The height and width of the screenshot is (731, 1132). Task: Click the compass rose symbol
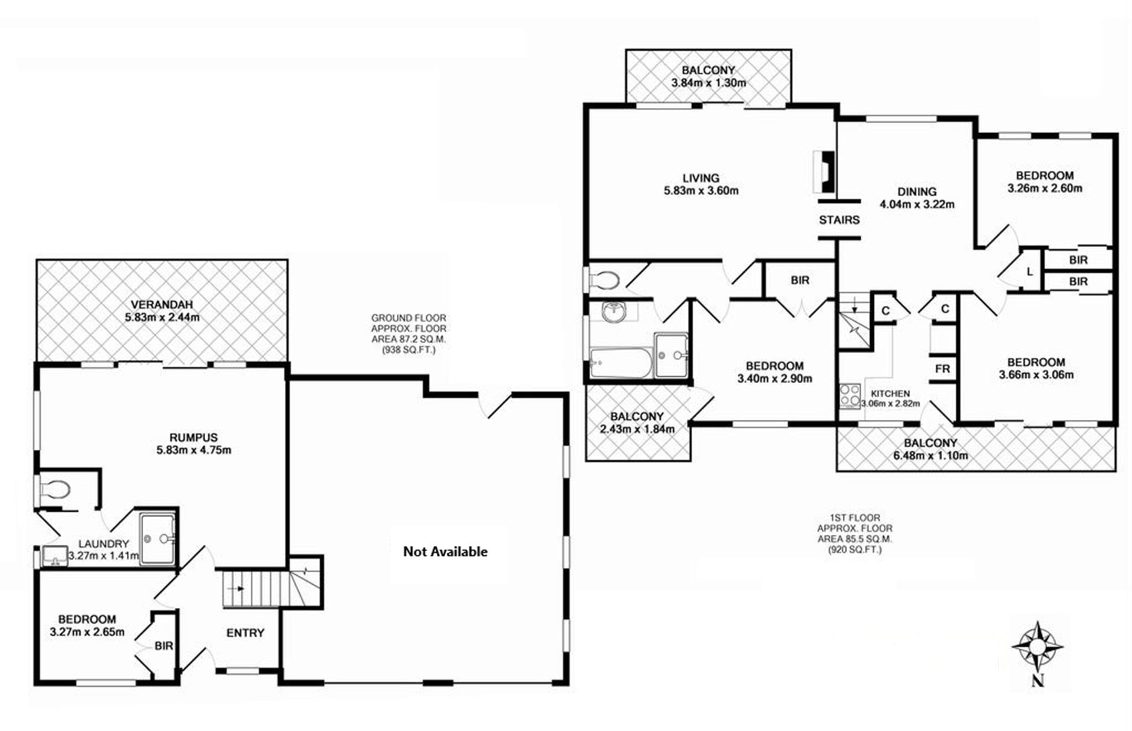pos(1038,647)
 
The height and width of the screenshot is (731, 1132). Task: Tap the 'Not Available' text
pos(445,552)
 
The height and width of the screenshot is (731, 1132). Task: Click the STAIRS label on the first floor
pos(839,220)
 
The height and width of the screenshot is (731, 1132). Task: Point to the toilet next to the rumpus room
pos(54,489)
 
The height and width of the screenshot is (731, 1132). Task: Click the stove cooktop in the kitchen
pos(850,396)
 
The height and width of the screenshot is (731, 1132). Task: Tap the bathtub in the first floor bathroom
pos(620,363)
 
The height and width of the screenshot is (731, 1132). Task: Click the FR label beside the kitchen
pos(942,369)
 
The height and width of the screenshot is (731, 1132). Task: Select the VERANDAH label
pos(162,305)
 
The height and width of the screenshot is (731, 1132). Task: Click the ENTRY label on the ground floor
pos(245,633)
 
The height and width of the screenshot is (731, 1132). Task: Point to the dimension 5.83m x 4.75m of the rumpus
pos(193,450)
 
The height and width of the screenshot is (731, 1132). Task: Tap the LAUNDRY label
pos(104,544)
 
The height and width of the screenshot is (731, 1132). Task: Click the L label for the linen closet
pos(1029,272)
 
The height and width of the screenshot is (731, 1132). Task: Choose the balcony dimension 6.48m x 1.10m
pos(930,456)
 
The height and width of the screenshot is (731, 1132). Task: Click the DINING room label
pos(917,192)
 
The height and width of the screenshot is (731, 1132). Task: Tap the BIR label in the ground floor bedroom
pos(164,646)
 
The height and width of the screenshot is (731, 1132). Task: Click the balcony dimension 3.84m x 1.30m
pos(708,83)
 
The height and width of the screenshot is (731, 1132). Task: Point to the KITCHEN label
pos(890,393)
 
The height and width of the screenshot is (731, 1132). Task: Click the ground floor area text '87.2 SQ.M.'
pos(409,340)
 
